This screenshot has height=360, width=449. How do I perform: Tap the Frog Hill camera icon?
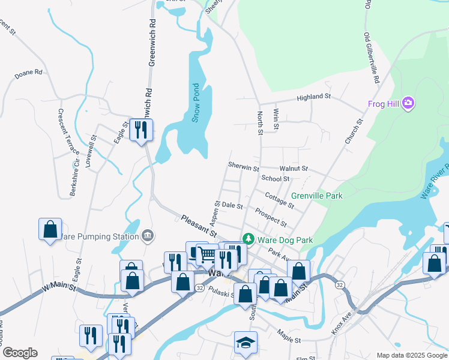click(409, 104)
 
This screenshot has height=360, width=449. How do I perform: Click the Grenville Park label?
click(316, 196)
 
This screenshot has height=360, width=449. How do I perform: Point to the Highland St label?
click(314, 97)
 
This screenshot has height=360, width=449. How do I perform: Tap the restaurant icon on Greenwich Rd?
click(141, 129)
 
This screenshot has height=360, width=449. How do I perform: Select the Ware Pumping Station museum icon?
click(148, 236)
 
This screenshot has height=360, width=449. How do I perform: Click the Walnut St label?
click(294, 169)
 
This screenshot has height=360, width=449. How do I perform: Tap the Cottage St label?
click(280, 200)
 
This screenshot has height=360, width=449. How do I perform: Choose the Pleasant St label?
click(198, 226)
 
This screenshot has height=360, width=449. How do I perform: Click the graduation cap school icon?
click(245, 342)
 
